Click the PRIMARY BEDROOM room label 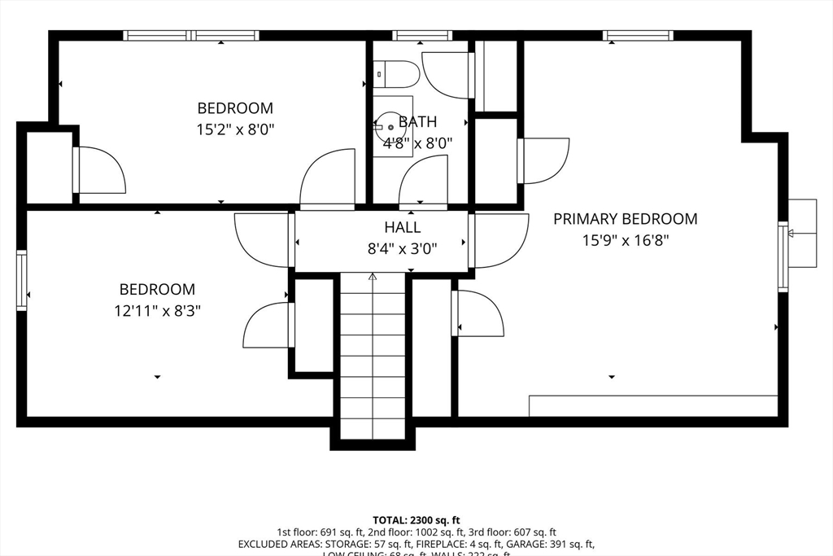(625, 219)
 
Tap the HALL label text (403, 228)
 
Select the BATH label (417, 122)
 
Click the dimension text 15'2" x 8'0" (235, 129)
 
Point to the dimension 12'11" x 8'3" (157, 310)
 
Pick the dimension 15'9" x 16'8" (625, 240)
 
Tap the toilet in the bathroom (395, 75)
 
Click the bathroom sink (390, 127)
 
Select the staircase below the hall (373, 358)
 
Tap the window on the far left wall (22, 281)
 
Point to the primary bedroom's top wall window (639, 35)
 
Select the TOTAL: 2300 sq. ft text (416, 519)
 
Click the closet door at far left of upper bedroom (99, 169)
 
